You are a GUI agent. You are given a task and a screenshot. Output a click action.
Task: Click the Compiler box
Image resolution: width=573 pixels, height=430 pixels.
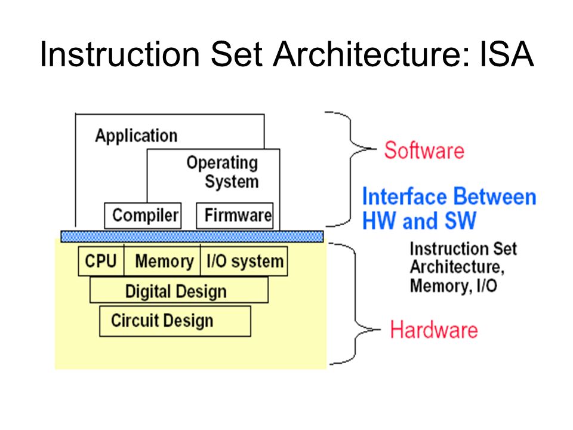(143, 216)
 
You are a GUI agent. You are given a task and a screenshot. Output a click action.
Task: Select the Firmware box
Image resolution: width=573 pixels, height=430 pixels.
(235, 216)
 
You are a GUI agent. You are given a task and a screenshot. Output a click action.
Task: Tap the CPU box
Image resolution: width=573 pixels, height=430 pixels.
(101, 261)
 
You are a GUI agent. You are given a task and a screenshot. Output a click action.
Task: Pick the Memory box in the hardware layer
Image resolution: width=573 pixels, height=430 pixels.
(162, 261)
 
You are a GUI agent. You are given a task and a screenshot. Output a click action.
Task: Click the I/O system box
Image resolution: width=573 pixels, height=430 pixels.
(244, 261)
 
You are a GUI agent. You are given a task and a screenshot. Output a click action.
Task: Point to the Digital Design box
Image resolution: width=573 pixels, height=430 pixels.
(179, 290)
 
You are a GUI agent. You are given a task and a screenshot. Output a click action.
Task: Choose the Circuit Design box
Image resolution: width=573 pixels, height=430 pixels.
(175, 321)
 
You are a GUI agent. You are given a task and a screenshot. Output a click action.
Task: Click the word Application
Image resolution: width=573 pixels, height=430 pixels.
(136, 136)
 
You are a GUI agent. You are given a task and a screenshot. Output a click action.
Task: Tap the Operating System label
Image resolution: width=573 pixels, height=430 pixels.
(223, 172)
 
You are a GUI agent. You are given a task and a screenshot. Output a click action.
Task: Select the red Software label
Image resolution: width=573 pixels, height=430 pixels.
(424, 150)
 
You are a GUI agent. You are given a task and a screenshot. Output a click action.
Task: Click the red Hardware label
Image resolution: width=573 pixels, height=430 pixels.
(434, 330)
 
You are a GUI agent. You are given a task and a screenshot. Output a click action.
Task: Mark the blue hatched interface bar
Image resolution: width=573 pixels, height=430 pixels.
(192, 236)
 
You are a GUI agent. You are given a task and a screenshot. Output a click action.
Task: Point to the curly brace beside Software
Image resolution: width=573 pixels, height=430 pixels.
(351, 169)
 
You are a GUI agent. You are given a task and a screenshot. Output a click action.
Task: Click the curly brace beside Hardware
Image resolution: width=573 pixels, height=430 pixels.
(355, 303)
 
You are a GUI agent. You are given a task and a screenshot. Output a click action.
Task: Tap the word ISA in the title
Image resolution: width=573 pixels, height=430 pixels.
(507, 54)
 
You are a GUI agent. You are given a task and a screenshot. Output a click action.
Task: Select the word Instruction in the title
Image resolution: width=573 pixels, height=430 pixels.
(120, 54)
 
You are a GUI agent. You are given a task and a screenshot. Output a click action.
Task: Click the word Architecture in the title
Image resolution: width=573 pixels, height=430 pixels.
(371, 54)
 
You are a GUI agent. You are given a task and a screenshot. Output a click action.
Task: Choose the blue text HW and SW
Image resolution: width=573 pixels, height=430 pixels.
(419, 221)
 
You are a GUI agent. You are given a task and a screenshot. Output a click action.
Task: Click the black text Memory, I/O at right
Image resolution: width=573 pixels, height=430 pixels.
(454, 286)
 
